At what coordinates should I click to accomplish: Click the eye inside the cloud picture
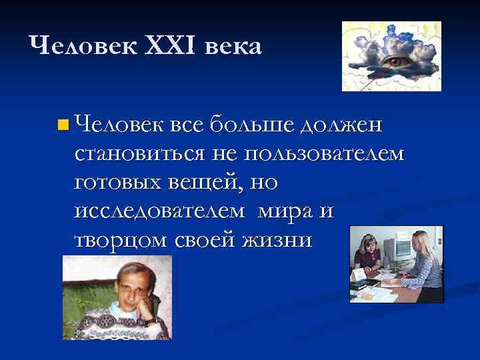399,61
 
